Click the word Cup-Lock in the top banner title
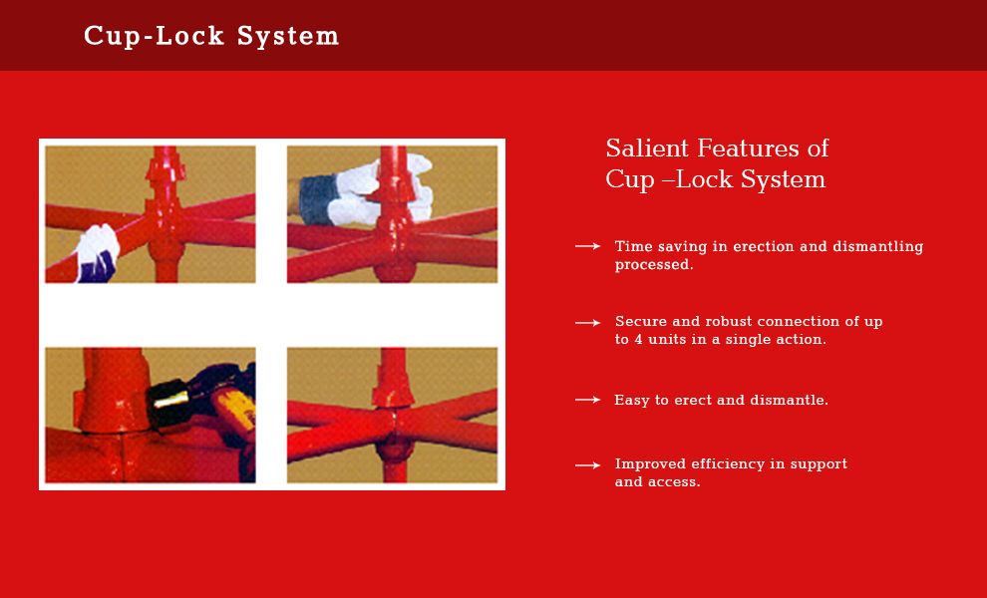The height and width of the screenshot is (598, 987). [x=155, y=37]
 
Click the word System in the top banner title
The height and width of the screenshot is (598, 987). [x=288, y=37]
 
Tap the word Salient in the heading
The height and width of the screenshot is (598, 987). [x=647, y=149]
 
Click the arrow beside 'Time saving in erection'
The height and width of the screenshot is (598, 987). [x=587, y=246]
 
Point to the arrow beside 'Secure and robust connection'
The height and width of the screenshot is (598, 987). [x=587, y=322]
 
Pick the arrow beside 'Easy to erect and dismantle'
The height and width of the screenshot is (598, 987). [x=587, y=399]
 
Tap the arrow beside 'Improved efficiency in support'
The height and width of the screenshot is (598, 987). [x=587, y=465]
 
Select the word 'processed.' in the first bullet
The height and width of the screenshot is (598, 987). [x=654, y=265]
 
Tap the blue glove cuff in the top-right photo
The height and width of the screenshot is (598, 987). [x=317, y=198]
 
